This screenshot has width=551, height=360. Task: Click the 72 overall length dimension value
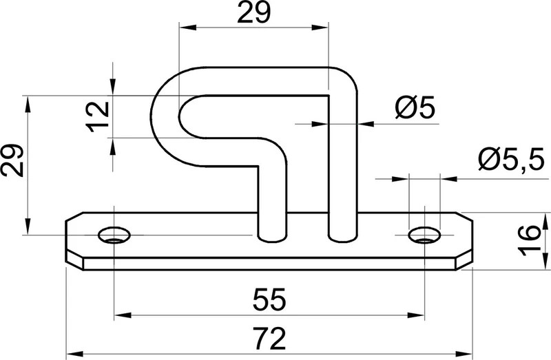click(x=269, y=339)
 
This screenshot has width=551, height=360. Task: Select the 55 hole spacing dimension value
click(x=269, y=299)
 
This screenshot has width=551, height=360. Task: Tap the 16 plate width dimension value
click(x=529, y=241)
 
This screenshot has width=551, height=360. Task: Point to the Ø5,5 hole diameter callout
click(x=511, y=159)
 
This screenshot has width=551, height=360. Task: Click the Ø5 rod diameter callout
click(x=415, y=107)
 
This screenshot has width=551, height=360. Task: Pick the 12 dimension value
click(x=98, y=116)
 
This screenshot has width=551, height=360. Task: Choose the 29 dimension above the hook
click(x=253, y=12)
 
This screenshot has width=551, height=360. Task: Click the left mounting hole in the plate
click(x=114, y=235)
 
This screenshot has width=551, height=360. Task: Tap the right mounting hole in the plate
click(x=424, y=235)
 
